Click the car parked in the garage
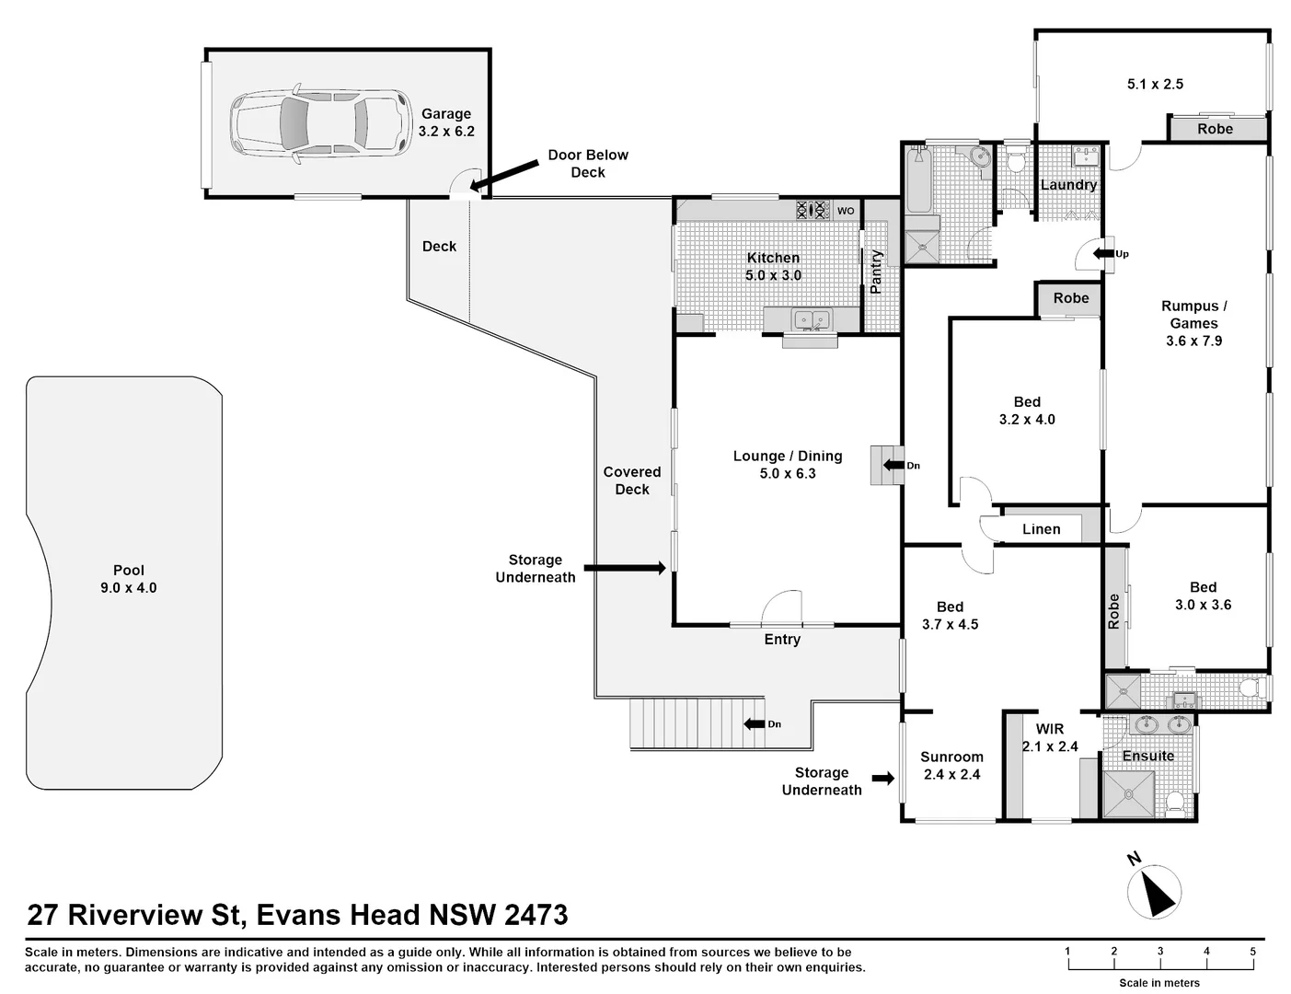click(318, 125)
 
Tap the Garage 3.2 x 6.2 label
click(446, 122)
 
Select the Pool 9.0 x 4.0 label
click(129, 579)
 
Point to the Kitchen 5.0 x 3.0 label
click(773, 266)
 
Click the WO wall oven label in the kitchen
click(846, 211)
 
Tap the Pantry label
click(876, 272)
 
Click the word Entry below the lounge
click(782, 639)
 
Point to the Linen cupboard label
click(1041, 529)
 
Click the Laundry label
click(1068, 185)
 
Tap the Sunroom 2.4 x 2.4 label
click(951, 766)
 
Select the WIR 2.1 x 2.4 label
click(1050, 738)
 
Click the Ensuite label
click(1147, 757)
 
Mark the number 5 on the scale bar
click(1252, 951)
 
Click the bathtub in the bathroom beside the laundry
click(918, 180)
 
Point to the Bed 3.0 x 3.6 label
click(1203, 595)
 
